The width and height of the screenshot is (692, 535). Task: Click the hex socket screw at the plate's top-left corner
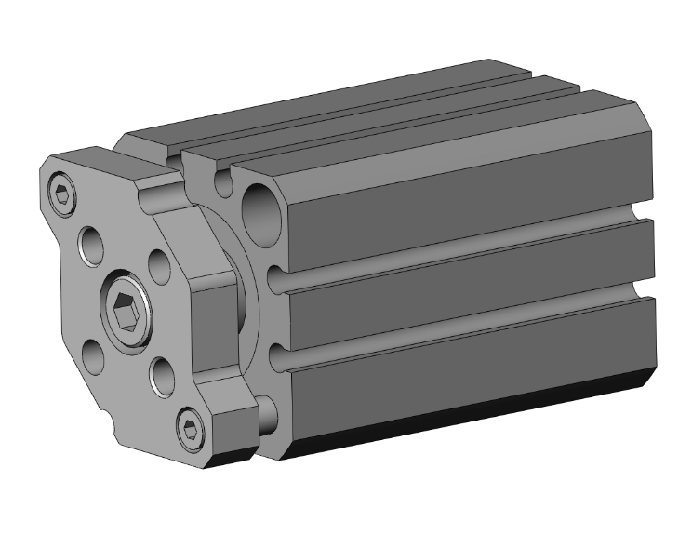pyautogui.click(x=62, y=194)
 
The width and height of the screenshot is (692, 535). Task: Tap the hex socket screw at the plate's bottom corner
pyautogui.click(x=193, y=427)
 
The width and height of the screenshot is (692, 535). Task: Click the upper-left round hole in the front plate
pyautogui.click(x=92, y=246)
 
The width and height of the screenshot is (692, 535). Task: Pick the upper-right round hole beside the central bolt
pyautogui.click(x=159, y=266)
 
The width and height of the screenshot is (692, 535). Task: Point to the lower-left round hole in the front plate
pyautogui.click(x=93, y=354)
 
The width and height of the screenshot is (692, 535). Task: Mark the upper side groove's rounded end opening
pyautogui.click(x=275, y=277)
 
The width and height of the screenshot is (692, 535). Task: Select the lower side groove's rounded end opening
pyautogui.click(x=276, y=355)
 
